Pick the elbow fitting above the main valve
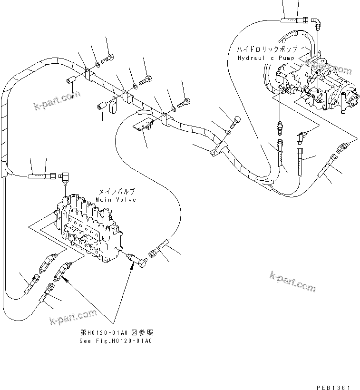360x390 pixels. [65, 177]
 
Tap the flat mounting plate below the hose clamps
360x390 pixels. [143, 126]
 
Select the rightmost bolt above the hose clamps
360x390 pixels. [184, 101]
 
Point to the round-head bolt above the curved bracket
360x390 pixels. [236, 120]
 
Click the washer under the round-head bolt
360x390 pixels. [229, 132]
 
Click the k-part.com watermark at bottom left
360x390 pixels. [74, 319]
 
